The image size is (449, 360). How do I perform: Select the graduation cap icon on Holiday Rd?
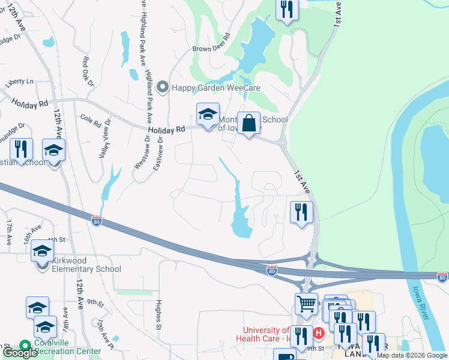(x=208, y=115)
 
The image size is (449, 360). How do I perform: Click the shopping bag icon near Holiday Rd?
(x=249, y=123)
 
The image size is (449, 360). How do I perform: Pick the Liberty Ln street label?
(x=20, y=81)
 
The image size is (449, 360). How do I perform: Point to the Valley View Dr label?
(x=104, y=139)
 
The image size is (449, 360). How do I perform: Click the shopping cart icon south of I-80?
(x=306, y=304)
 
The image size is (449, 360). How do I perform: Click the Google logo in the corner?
(x=20, y=353)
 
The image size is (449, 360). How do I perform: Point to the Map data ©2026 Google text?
(x=412, y=355)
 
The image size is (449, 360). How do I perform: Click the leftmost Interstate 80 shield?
(x=97, y=221)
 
